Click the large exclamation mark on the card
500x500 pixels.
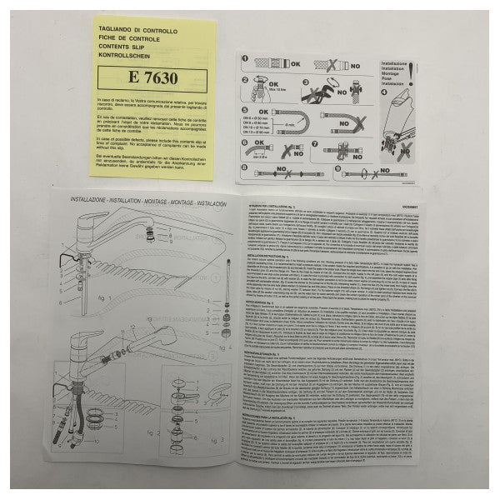(411, 72)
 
